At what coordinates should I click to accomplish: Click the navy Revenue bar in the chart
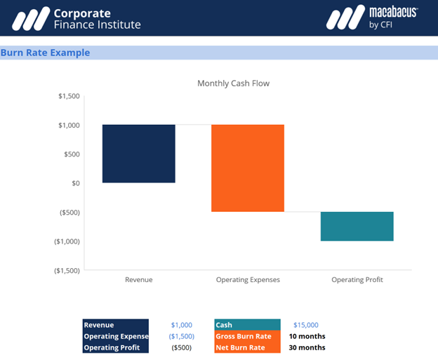138,154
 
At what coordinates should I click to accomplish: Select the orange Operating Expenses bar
248,168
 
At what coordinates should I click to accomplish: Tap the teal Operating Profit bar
357,226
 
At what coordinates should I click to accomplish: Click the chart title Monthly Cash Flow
233,84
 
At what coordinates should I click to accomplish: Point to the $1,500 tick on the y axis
69,96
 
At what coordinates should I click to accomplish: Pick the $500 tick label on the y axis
72,154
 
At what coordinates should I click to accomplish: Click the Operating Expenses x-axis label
248,280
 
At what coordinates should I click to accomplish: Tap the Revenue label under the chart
138,280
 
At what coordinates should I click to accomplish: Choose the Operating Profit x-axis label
357,280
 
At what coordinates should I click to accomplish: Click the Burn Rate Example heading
45,53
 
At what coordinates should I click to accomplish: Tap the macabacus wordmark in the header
393,12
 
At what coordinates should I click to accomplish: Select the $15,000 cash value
305,325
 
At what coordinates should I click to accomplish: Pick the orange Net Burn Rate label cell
248,347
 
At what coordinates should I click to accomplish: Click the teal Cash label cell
248,325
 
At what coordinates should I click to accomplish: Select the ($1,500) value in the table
181,336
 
